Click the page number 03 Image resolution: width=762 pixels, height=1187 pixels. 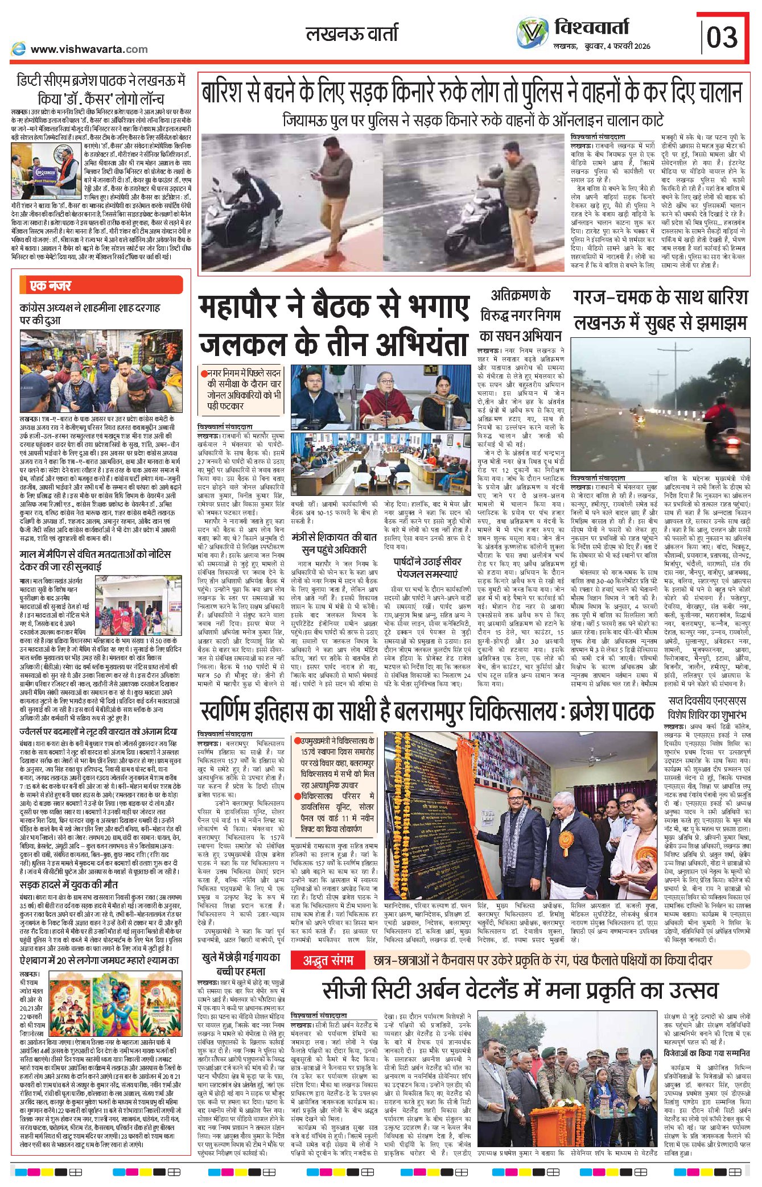(x=722, y=38)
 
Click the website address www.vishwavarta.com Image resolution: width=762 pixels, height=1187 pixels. (x=89, y=49)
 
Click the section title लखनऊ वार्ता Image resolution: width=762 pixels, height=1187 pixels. (x=352, y=34)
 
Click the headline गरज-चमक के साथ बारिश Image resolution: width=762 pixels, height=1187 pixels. (x=660, y=298)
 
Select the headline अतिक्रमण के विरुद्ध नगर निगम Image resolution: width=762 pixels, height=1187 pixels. (x=520, y=315)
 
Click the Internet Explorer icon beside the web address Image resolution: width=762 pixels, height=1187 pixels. (x=18, y=49)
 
